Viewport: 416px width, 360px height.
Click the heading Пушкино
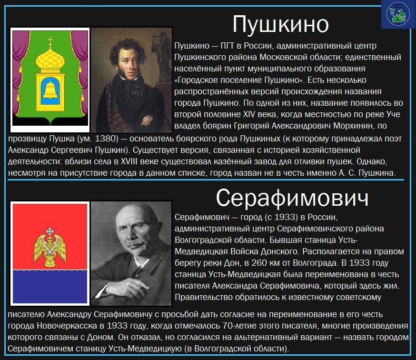(x=281, y=24)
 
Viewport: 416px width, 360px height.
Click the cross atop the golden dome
(x=50, y=40)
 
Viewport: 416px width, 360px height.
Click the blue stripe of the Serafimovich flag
(x=50, y=287)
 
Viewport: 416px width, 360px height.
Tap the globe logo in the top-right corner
(x=398, y=14)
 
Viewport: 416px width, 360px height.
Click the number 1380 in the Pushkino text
(x=107, y=139)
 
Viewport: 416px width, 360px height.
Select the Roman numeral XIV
(x=249, y=114)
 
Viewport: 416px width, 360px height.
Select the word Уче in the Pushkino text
(x=393, y=114)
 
